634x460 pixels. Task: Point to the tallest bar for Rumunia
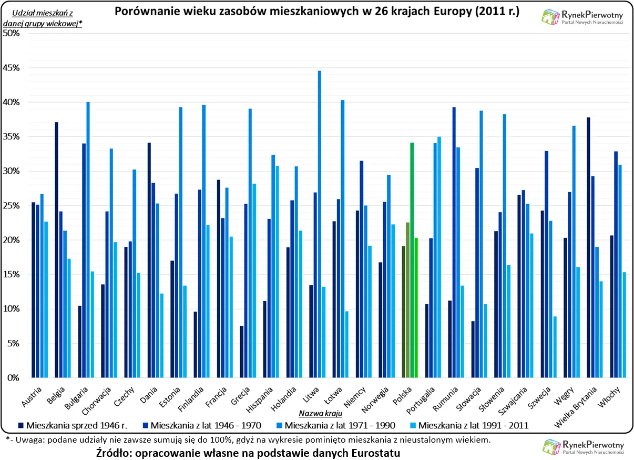[454, 242]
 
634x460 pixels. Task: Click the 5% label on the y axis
[13, 343]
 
